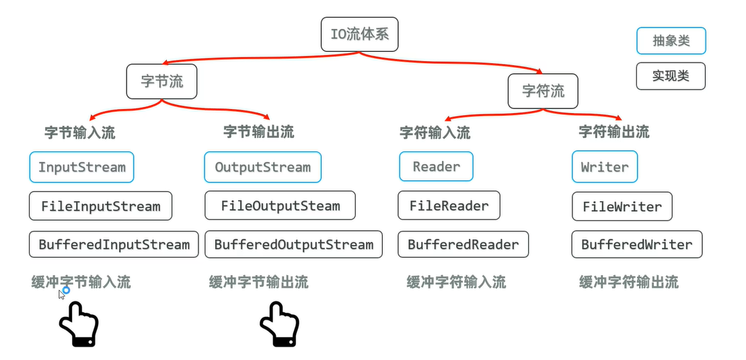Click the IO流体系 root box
(359, 34)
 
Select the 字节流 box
(161, 81)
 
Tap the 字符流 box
(543, 90)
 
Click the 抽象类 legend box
(671, 41)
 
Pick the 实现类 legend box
(671, 76)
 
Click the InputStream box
(81, 167)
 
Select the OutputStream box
(262, 167)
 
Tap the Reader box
(436, 167)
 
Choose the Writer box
(604, 167)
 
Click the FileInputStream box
(100, 206)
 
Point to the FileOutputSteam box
(280, 206)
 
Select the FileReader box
(449, 206)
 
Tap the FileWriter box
(622, 206)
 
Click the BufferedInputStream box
(114, 244)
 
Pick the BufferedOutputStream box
(293, 244)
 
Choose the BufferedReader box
(463, 244)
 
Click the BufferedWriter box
(636, 244)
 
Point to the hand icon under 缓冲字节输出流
(278, 324)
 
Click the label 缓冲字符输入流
(456, 282)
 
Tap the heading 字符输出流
(613, 132)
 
